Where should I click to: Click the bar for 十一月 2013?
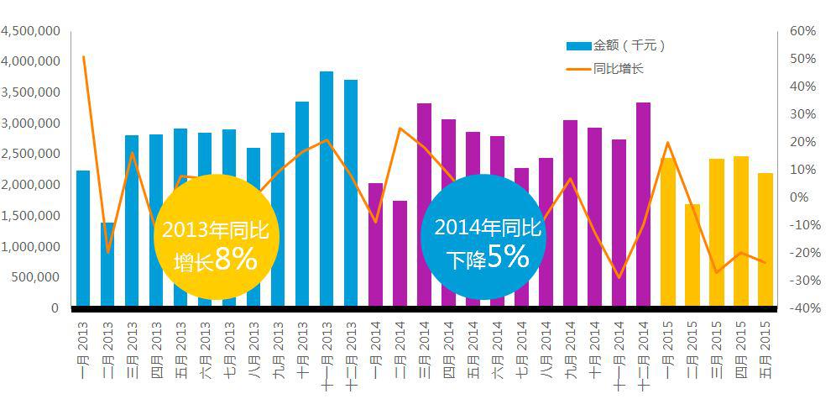tap(327, 189)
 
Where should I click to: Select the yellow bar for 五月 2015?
tap(765, 239)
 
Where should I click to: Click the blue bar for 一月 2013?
tap(83, 239)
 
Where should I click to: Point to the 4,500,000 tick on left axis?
tap(30, 31)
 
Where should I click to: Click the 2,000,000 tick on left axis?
tap(30, 185)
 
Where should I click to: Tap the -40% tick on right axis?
tap(800, 308)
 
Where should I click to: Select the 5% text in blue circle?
tap(507, 257)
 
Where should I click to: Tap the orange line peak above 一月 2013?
tap(84, 57)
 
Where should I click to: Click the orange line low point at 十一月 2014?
tap(619, 277)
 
